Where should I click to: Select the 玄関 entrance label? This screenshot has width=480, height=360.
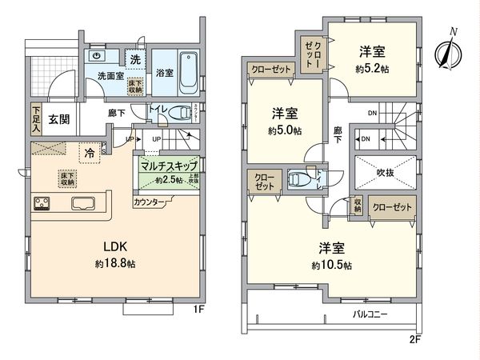(x=58, y=119)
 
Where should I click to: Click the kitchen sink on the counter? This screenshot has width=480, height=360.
(x=82, y=202)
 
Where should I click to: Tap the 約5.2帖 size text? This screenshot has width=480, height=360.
(x=373, y=70)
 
